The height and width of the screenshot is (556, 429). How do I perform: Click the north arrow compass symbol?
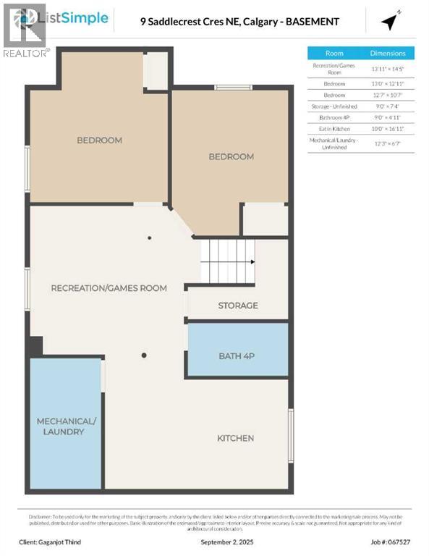pyautogui.click(x=391, y=22)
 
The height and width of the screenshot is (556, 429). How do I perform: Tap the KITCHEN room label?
pyautogui.click(x=236, y=438)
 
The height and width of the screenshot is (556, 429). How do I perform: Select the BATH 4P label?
pyautogui.click(x=237, y=355)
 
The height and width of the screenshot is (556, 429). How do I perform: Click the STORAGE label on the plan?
pyautogui.click(x=238, y=306)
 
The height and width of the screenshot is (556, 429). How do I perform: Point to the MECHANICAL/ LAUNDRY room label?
pyautogui.click(x=65, y=426)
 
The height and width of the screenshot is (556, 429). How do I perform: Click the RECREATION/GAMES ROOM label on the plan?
pyautogui.click(x=109, y=288)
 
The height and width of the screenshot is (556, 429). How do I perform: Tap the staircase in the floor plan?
pyautogui.click(x=228, y=261)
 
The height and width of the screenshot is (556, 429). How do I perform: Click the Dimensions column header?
pyautogui.click(x=388, y=54)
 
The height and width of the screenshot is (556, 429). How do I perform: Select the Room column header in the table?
pyautogui.click(x=334, y=54)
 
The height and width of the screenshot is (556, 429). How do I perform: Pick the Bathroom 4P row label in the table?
pyautogui.click(x=334, y=117)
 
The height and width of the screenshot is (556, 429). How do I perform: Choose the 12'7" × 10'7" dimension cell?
pyautogui.click(x=388, y=95)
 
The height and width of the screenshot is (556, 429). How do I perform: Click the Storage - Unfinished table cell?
pyautogui.click(x=334, y=106)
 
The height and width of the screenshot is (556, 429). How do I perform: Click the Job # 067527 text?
pyautogui.click(x=391, y=542)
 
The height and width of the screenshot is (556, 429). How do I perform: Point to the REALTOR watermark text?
pyautogui.click(x=26, y=53)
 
